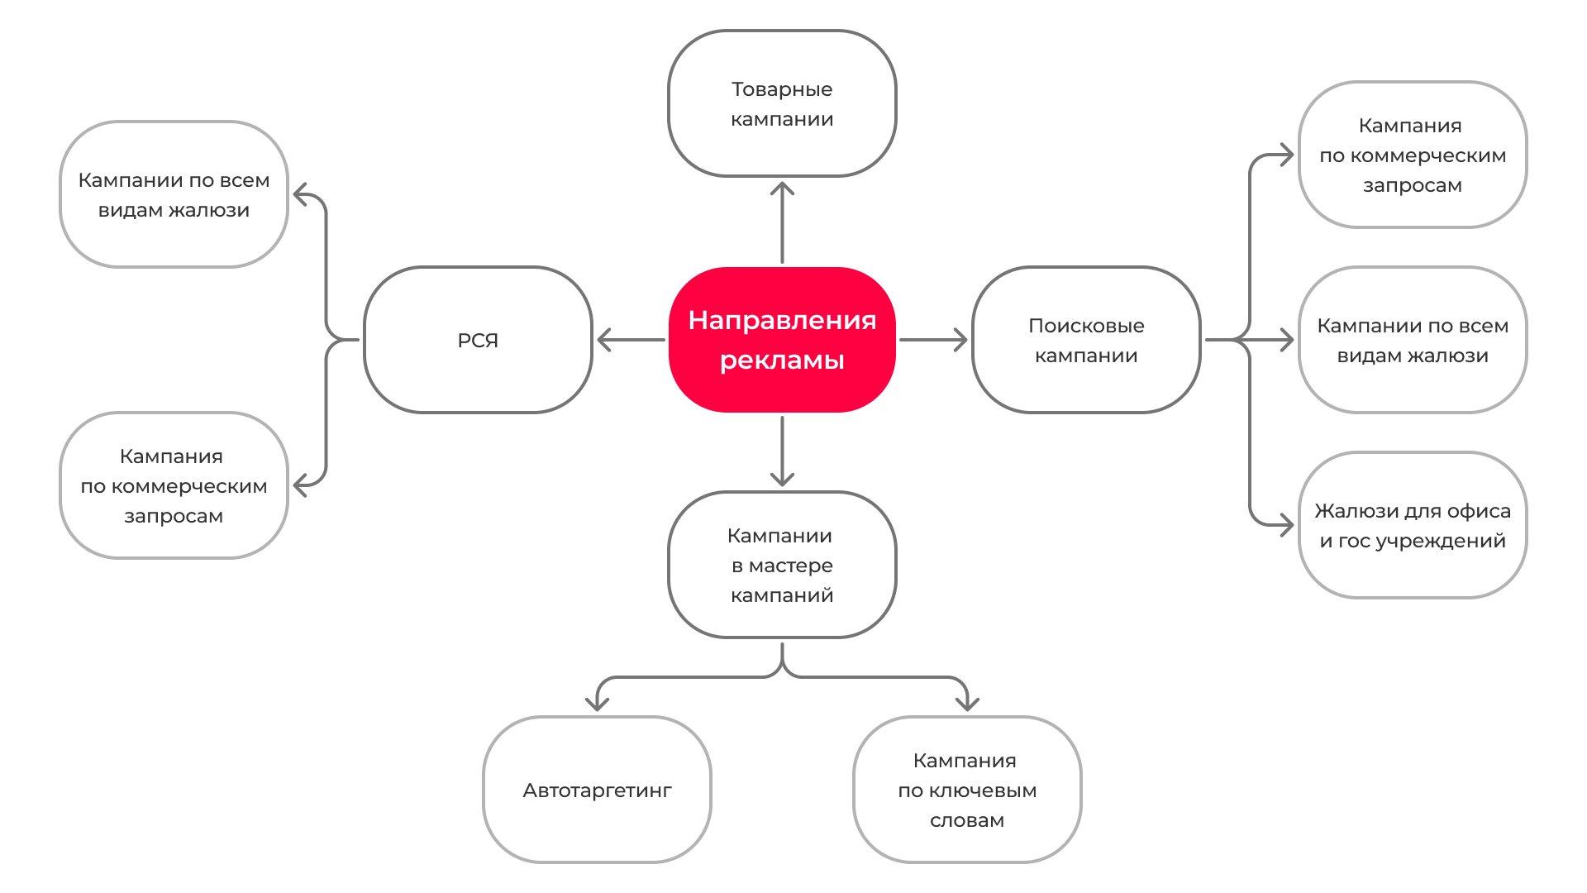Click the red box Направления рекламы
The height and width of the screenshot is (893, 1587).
782,339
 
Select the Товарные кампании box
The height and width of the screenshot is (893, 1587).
782,103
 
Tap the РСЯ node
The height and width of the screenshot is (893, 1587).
478,339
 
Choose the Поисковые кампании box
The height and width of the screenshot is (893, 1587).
1086,339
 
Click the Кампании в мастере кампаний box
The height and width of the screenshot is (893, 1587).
782,565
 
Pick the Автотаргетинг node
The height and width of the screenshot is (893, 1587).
597,790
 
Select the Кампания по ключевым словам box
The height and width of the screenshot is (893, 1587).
967,790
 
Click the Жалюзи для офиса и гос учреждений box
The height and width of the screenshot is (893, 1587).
1413,525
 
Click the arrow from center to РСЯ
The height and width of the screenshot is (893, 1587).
630,339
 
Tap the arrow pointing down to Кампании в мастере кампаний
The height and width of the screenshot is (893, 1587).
782,451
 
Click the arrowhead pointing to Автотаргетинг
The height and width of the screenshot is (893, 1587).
597,702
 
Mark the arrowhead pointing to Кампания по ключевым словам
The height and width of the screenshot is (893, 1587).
967,702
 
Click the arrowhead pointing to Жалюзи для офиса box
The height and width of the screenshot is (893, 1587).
1285,524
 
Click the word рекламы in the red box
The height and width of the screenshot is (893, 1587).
782,361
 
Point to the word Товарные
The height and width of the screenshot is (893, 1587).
782,89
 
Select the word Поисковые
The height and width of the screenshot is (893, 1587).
1086,326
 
